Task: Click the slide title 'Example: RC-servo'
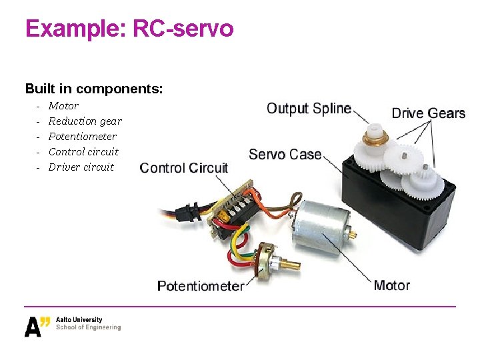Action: tap(129, 29)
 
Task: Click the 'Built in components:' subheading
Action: tap(94, 88)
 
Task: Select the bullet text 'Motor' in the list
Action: tap(63, 105)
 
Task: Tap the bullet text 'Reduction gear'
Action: tap(85, 121)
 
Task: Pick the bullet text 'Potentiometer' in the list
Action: tap(82, 136)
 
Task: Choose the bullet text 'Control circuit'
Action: tap(83, 151)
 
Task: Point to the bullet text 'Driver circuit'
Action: tap(81, 167)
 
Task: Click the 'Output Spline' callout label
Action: tap(309, 108)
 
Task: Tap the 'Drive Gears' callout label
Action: tap(428, 113)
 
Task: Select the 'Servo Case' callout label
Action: tap(285, 154)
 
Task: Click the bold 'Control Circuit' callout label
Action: tap(184, 168)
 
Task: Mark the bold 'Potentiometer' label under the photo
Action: tap(200, 286)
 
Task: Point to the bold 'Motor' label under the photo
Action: tap(391, 285)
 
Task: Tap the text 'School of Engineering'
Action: tap(89, 327)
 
